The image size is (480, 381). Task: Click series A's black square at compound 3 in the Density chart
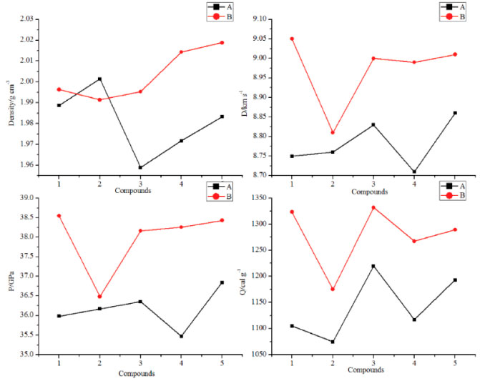pyautogui.click(x=140, y=167)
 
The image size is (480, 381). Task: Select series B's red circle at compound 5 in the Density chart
pyautogui.click(x=222, y=43)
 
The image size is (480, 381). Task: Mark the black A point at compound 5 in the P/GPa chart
pyautogui.click(x=222, y=282)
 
